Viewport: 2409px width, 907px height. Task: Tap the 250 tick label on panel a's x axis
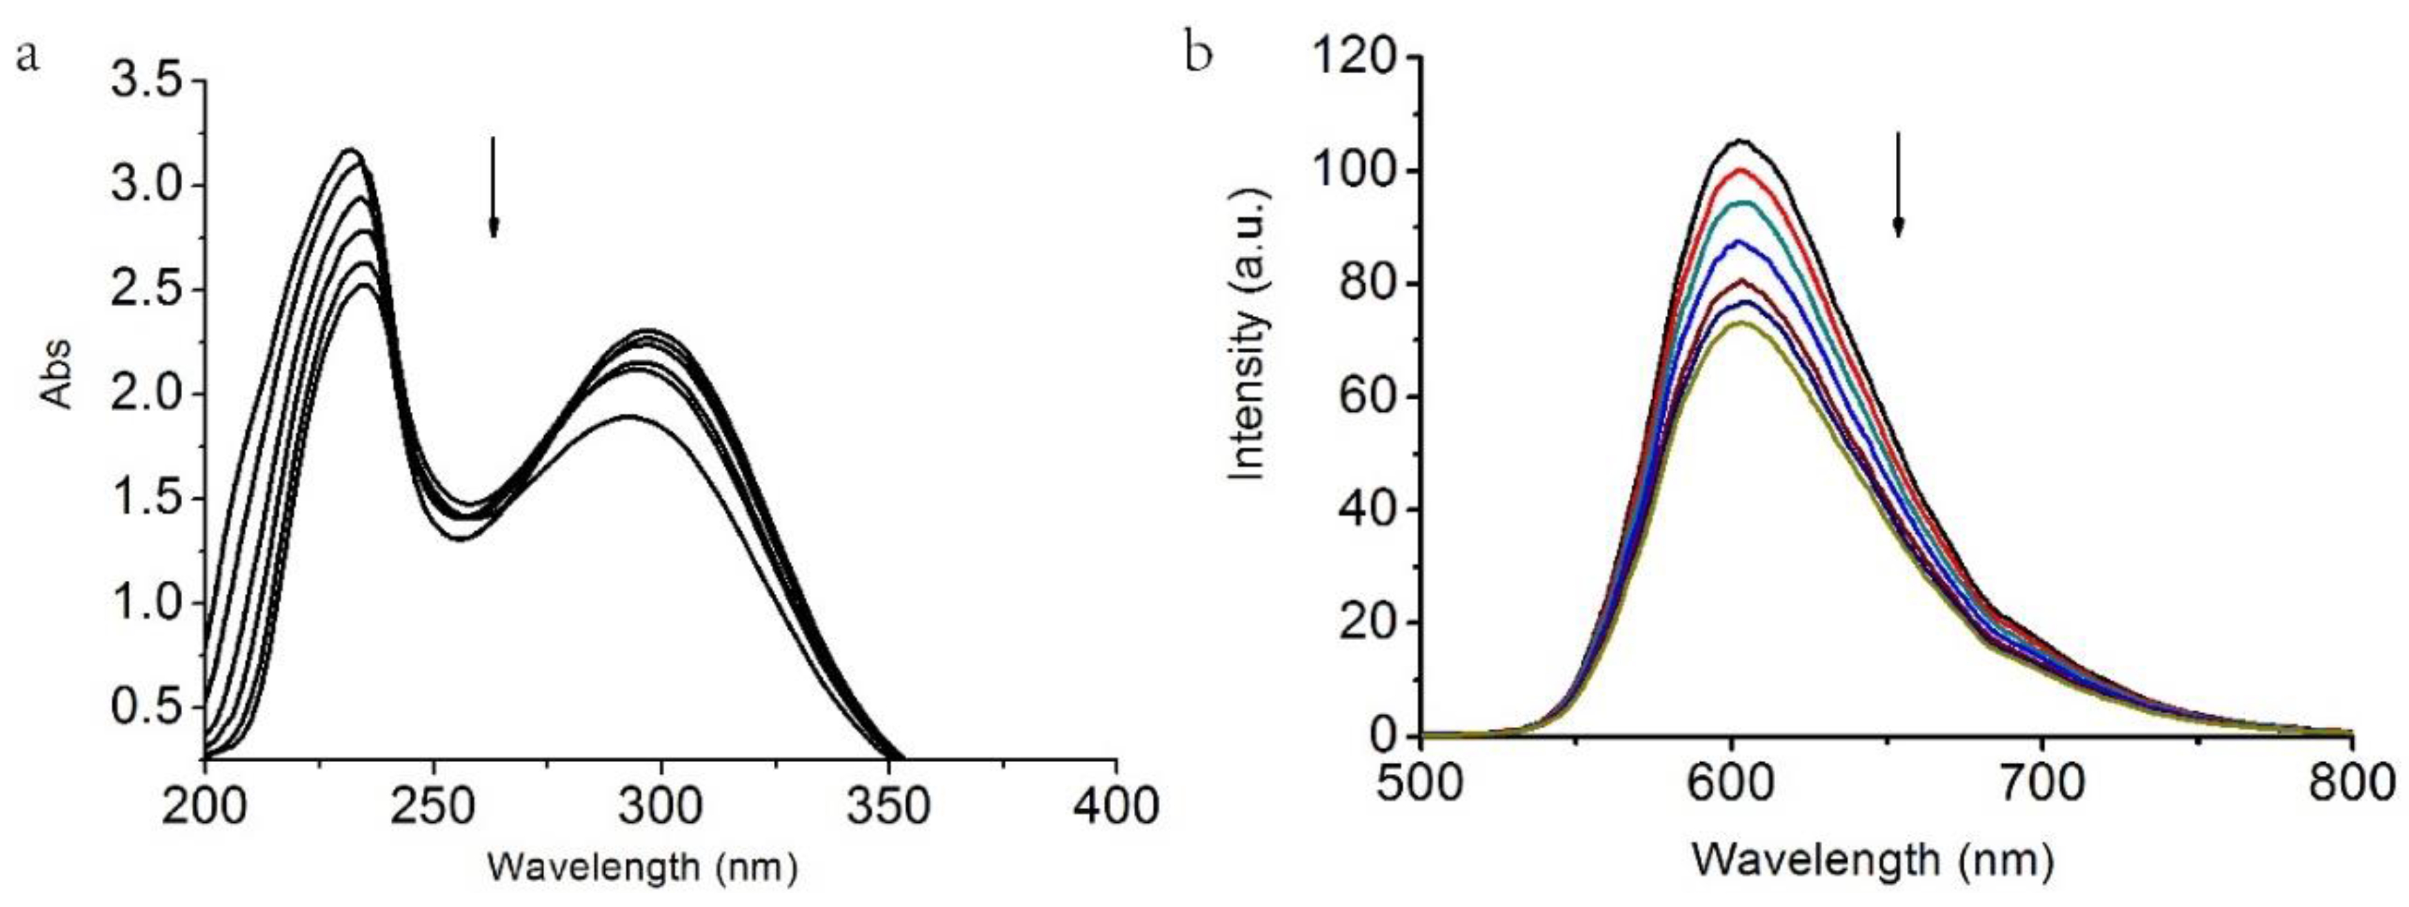433,805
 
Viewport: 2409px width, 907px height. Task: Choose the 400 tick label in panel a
1116,805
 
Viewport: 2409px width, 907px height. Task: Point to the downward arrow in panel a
494,187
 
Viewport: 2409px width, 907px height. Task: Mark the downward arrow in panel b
1899,184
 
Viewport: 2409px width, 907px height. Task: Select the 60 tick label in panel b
1369,397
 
